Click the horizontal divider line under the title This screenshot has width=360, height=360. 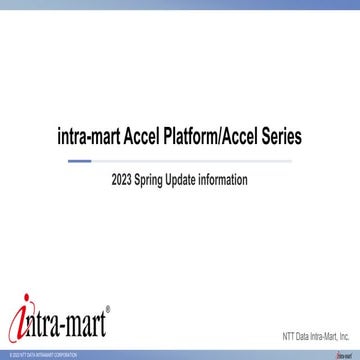180,159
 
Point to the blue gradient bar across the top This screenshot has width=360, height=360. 180,5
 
